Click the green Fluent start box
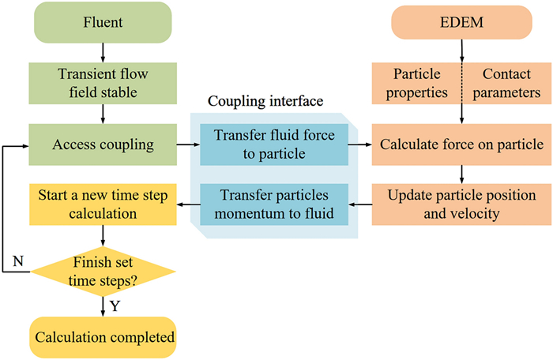102,22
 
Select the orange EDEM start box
461,22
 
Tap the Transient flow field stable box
102,83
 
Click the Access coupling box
102,144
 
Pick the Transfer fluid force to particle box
267,144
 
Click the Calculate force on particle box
461,144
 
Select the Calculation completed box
102,337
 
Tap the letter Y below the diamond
115,306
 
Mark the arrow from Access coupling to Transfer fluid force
186,144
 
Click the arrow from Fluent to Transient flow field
102,52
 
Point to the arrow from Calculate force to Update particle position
461,174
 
